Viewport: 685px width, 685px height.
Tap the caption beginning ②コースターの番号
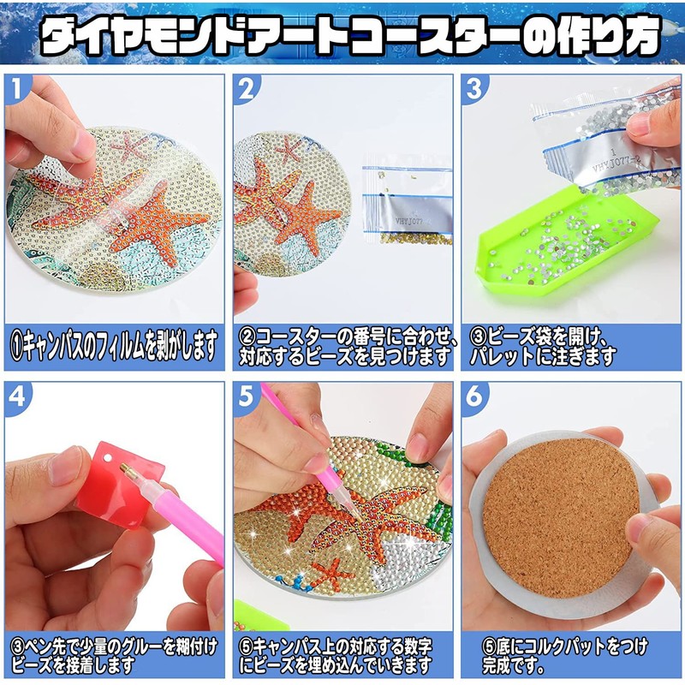click(x=342, y=346)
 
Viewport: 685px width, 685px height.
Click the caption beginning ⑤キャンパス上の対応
click(x=342, y=653)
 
